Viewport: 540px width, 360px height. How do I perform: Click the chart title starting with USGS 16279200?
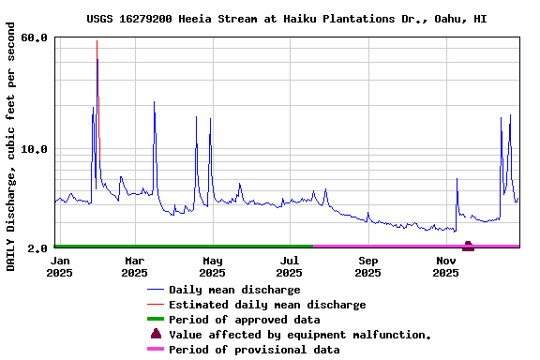point(286,19)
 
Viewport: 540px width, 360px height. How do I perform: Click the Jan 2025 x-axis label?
point(60,266)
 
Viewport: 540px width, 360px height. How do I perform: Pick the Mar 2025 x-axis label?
point(134,266)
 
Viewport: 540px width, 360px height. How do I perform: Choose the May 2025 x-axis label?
point(212,266)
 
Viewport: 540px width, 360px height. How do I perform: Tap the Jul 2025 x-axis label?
point(290,266)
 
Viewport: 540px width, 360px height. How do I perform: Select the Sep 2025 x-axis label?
point(367,266)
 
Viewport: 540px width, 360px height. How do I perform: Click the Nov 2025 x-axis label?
point(445,266)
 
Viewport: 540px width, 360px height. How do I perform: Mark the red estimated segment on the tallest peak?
point(97,75)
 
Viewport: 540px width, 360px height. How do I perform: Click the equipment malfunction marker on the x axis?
point(468,246)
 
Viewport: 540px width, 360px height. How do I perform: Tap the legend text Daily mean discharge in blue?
point(234,290)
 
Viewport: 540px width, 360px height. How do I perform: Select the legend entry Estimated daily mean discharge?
point(267,305)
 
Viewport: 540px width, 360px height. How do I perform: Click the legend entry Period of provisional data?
point(254,350)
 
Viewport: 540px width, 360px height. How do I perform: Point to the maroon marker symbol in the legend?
point(156,334)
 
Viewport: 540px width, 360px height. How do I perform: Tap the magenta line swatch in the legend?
point(156,350)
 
